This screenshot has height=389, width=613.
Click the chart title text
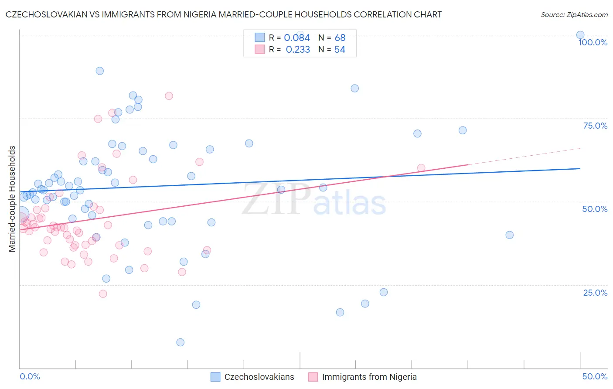coord(224,14)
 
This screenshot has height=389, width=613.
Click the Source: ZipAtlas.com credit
coord(574,14)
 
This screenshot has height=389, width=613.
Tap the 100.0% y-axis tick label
coord(593,42)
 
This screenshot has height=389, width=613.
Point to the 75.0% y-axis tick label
coord(595,126)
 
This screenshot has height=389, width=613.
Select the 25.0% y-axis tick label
coord(595,293)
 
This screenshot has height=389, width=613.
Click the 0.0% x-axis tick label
coord(30,376)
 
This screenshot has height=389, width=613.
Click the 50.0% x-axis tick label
coord(595,376)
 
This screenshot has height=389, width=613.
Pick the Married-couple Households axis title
coord(12,198)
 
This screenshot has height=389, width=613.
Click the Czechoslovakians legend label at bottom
coord(259,377)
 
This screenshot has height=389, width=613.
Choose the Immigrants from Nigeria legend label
coord(369,377)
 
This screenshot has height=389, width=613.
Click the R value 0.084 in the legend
coord(297,38)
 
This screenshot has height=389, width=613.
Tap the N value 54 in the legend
coord(340,49)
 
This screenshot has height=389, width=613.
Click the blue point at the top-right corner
coord(580,35)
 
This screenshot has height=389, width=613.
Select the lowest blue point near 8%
coord(180,342)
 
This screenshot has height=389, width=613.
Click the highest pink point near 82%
coord(169,96)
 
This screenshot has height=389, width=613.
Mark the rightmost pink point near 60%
coord(421,168)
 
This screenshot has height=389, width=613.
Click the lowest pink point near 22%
coord(103,293)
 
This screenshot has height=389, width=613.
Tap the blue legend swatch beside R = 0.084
coord(259,38)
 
